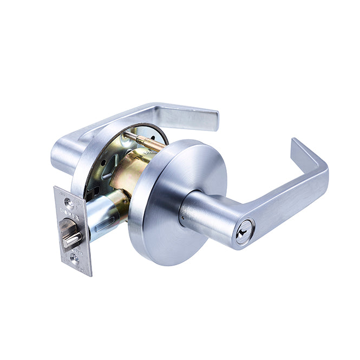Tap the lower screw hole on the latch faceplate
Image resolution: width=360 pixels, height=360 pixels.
(75, 259)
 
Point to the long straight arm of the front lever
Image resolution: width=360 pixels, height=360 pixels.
(282, 200)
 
